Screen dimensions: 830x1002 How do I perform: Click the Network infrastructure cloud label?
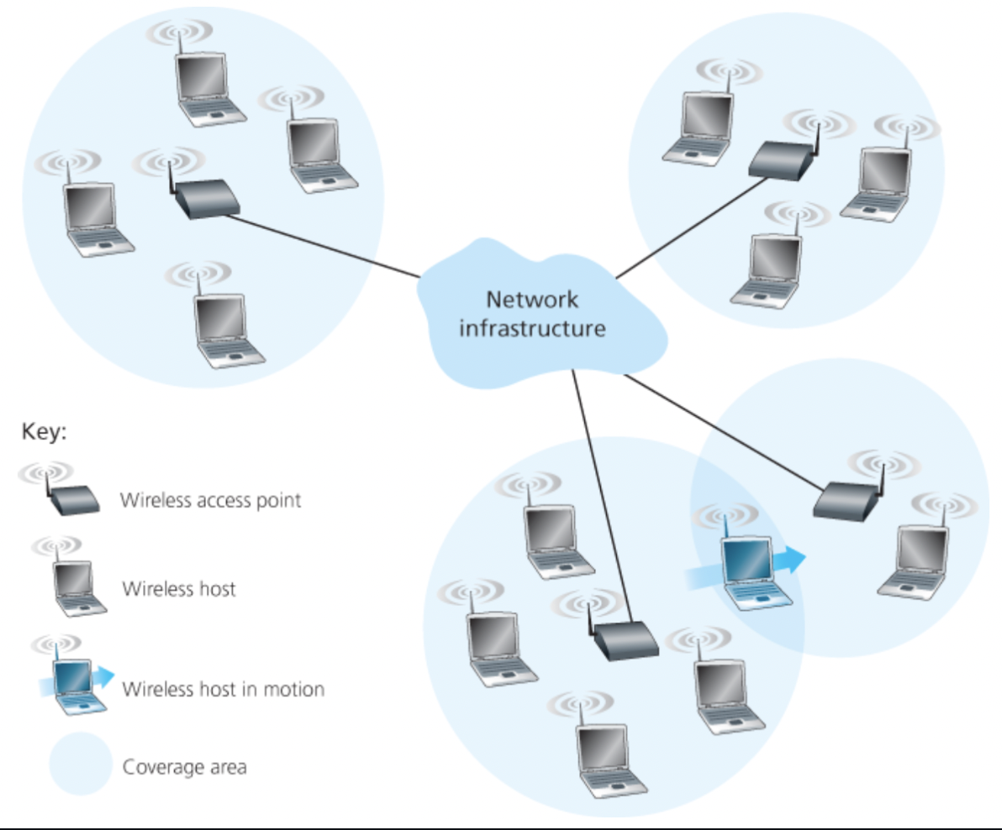(531, 313)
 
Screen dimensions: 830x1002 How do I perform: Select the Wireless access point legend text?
(211, 502)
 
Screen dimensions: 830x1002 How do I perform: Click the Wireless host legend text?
(179, 588)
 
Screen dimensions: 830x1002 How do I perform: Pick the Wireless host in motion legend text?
(223, 690)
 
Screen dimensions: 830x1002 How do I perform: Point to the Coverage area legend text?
(184, 767)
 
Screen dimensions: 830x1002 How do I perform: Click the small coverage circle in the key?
(80, 764)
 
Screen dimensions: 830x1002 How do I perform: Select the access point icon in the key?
(74, 501)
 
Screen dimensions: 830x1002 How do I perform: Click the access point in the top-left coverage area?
(206, 200)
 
